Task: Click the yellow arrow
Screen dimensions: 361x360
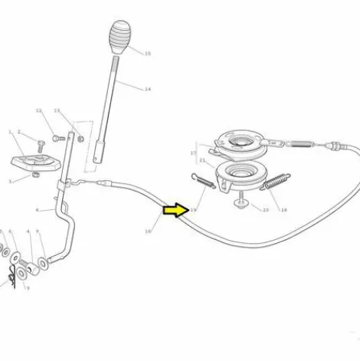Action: [175, 208]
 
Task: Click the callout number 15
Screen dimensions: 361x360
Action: [147, 54]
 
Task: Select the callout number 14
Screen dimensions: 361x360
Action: [147, 89]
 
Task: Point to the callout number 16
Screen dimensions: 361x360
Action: [147, 231]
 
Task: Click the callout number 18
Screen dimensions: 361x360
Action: [283, 209]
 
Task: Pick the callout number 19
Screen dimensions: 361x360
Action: [193, 209]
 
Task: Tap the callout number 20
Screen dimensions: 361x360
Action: [266, 209]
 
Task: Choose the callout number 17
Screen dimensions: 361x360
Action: [193, 153]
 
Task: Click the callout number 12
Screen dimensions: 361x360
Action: [38, 110]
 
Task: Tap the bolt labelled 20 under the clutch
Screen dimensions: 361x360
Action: [242, 202]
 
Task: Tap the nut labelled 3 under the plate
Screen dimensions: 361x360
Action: [36, 176]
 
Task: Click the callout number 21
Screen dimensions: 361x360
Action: [201, 160]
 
